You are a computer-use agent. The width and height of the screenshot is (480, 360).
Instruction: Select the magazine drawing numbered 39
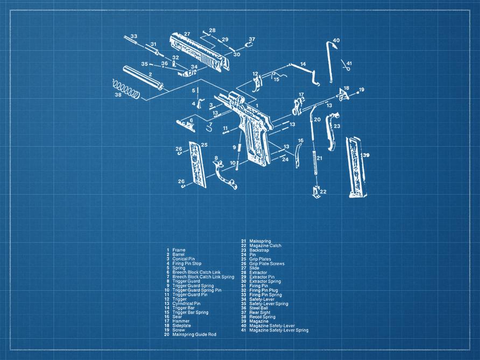pos(355,167)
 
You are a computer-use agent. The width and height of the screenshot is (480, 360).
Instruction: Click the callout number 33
pos(133,36)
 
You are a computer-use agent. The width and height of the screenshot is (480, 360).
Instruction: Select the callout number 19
pos(362,89)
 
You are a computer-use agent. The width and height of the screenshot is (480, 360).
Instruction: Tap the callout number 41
pos(349,63)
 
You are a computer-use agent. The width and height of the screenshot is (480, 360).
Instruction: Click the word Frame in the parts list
pos(179,250)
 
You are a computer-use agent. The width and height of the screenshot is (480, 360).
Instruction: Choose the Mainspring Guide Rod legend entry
pos(193,335)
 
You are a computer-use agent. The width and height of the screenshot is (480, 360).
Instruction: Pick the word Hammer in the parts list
pos(180,321)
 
